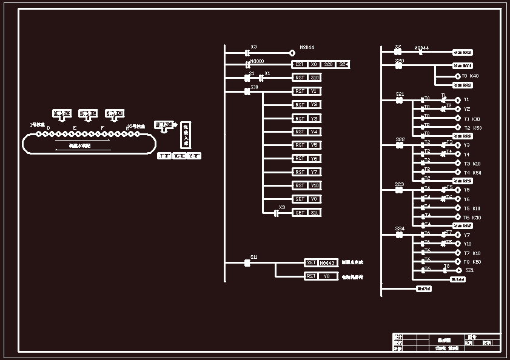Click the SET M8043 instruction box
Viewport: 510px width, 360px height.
[x=321, y=262]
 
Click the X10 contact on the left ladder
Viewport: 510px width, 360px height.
[x=248, y=92]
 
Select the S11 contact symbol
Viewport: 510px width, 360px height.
[x=247, y=262]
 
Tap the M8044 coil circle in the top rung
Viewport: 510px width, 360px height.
[x=292, y=52]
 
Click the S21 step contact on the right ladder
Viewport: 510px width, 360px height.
[x=399, y=99]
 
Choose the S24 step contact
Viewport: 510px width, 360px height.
[x=399, y=234]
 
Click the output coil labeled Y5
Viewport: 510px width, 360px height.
[x=458, y=190]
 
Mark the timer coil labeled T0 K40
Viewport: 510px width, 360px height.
[x=458, y=76]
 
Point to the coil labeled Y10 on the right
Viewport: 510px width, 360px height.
[x=458, y=244]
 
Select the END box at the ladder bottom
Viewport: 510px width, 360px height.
[x=424, y=289]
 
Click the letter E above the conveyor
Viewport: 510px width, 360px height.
[x=75, y=128]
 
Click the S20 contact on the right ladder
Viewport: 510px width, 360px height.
[x=399, y=65]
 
